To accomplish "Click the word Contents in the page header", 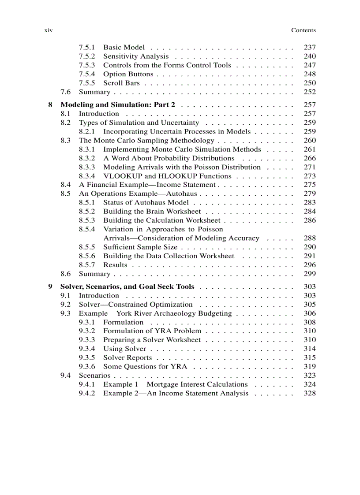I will [x=303, y=30].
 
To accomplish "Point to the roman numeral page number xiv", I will [x=49, y=30].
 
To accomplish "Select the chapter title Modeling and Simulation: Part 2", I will [x=118, y=105].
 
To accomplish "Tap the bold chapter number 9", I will [x=50, y=287].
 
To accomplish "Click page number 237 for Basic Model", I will [x=310, y=47].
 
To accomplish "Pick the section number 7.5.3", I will [x=87, y=65].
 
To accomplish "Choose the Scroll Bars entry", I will [x=121, y=83].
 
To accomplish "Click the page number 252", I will [x=310, y=92].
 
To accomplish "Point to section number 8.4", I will [x=66, y=185].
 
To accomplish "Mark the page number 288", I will [x=310, y=238].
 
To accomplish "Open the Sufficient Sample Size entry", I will [x=140, y=247].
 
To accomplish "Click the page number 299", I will [x=310, y=274].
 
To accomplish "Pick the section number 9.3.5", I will [x=87, y=357].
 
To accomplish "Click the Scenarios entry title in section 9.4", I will [x=94, y=375].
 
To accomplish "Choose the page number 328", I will [x=310, y=393].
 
